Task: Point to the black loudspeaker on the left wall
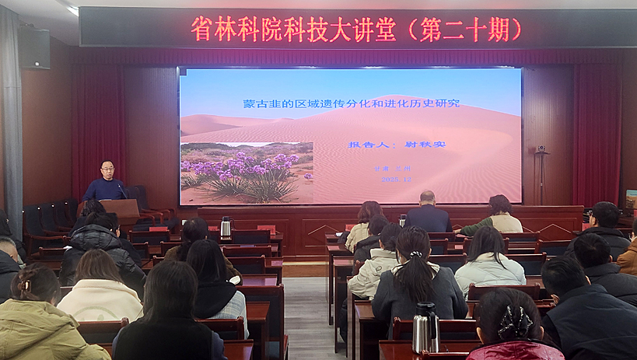34,48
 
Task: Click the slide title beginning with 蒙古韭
350,103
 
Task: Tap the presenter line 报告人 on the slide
394,144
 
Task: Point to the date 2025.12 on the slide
397,179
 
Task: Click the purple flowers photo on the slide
247,173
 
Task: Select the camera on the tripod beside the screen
541,149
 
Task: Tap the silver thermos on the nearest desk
425,327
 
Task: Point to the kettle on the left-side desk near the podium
226,226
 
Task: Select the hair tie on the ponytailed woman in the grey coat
416,254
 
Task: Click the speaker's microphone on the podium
122,190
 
